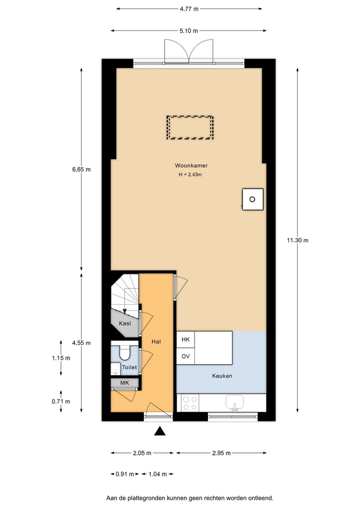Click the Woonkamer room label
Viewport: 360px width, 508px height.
coord(191,165)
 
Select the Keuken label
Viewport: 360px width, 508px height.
coord(222,376)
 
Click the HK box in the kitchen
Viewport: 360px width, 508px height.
coord(185,340)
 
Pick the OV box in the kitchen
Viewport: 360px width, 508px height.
coord(185,356)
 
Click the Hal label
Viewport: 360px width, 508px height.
coord(156,342)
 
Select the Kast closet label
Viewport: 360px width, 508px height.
coord(124,323)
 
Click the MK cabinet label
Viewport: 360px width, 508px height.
coord(124,383)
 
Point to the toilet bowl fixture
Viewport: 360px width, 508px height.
coord(124,353)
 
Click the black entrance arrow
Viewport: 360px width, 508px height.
coord(159,431)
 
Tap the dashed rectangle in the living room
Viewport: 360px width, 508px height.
coord(190,128)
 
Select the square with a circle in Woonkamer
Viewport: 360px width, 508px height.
coord(252,199)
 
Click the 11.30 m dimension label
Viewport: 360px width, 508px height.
coord(297,240)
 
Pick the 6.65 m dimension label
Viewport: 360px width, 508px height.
coord(81,169)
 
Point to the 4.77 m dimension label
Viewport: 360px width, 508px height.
coord(188,8)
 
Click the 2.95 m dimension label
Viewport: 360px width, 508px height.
coord(221,453)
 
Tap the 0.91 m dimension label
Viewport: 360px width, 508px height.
coord(124,474)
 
